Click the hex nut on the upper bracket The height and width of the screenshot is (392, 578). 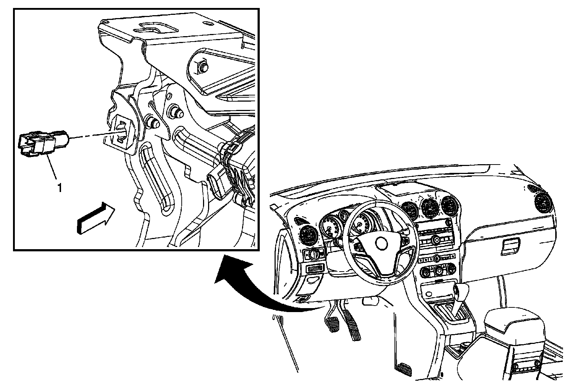(203, 66)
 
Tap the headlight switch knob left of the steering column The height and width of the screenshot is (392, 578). (312, 254)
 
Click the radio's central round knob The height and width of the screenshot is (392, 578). (436, 239)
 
